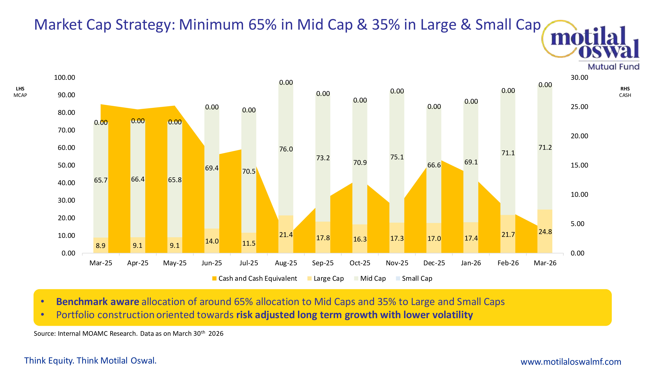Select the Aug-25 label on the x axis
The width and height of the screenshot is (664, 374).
coord(286,263)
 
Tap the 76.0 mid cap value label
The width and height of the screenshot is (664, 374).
coord(286,149)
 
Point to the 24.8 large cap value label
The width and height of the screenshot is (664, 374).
coord(545,232)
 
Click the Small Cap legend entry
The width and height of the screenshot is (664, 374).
coord(414,278)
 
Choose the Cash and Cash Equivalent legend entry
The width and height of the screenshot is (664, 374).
coord(255,278)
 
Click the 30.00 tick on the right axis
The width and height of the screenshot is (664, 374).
coord(579,77)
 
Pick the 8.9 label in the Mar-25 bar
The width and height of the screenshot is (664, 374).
coord(101,246)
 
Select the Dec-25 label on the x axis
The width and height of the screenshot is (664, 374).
coord(434,263)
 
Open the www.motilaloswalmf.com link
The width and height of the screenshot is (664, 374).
coord(571,362)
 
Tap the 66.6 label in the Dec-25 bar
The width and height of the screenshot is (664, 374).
coord(434,165)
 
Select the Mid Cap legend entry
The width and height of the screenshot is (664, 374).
coord(370,278)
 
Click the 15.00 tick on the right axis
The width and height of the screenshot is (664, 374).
coord(579,165)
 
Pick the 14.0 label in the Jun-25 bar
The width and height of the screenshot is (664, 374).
coord(212,241)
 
